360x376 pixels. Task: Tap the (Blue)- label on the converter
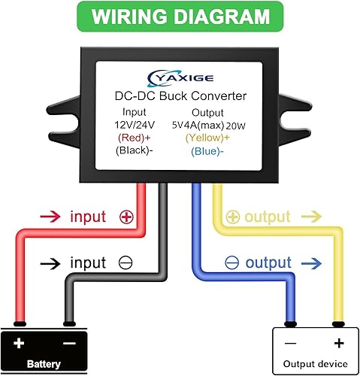(206, 150)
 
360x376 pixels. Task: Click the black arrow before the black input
(50, 263)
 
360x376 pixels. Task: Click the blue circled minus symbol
(231, 263)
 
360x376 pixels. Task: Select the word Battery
(43, 362)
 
